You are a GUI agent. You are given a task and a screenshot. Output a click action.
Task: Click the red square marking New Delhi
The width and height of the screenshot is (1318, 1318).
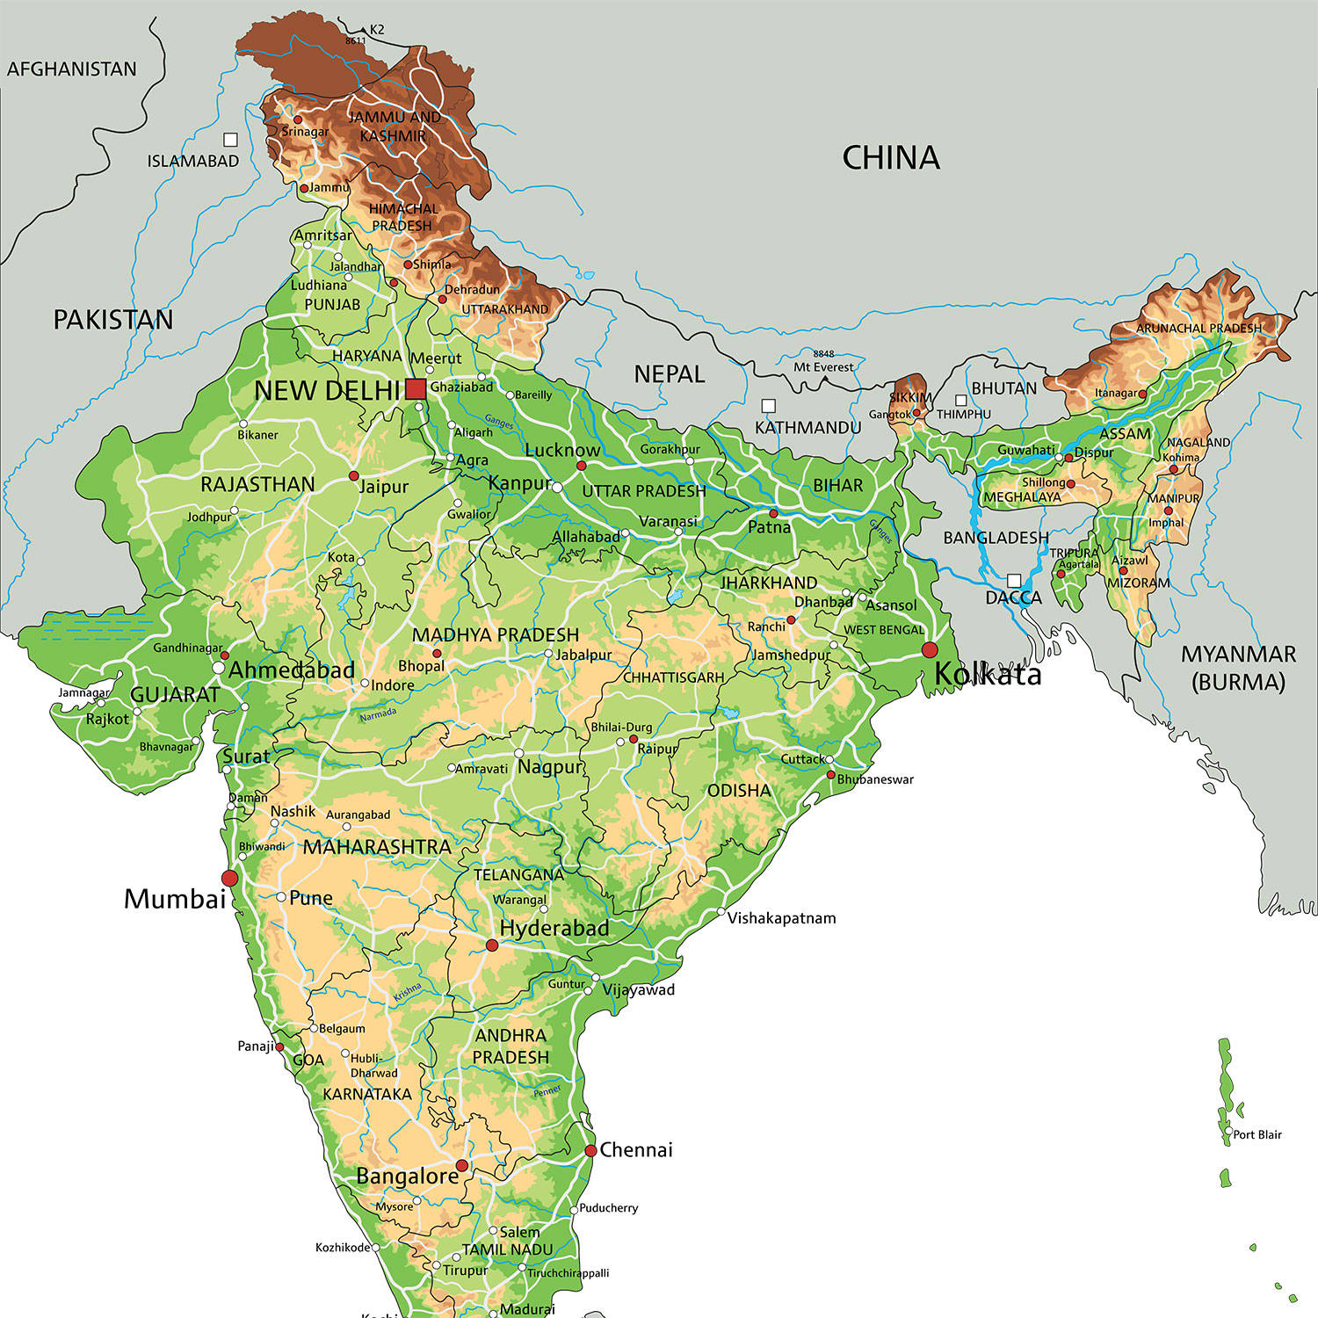416,388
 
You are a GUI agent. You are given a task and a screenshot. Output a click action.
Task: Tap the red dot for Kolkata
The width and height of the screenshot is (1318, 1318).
930,650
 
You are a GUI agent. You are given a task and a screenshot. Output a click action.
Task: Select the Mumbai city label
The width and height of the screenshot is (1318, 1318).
175,899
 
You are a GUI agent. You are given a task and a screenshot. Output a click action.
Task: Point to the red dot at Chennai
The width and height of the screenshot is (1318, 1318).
591,1150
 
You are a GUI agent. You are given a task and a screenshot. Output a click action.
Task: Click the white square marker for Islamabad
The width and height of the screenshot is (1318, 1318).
230,140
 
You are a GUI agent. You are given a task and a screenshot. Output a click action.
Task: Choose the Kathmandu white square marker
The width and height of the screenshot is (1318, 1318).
769,406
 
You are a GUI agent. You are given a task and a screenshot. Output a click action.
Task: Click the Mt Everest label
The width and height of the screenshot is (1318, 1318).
823,366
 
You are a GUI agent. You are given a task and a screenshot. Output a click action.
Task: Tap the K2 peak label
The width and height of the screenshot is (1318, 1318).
377,30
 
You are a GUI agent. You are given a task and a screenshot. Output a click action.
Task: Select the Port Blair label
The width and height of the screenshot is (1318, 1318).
1256,1134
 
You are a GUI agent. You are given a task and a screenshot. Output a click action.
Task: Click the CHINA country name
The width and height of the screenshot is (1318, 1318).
890,158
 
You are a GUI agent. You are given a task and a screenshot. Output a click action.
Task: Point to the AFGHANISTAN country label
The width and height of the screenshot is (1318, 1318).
72,69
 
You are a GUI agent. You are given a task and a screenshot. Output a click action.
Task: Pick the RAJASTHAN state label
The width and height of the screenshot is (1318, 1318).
257,484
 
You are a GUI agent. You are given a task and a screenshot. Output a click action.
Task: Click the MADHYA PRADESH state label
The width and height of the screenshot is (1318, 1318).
495,634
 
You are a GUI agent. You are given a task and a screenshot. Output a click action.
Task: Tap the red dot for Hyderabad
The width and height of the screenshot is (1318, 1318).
492,945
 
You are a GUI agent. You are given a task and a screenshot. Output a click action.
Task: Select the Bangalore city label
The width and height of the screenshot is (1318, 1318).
407,1176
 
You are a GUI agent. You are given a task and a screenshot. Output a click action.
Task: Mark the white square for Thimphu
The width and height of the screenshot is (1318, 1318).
961,401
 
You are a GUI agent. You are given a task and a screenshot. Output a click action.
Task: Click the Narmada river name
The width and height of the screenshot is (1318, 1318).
379,714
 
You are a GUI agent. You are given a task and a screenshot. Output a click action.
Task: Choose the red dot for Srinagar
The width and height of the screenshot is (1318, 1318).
298,119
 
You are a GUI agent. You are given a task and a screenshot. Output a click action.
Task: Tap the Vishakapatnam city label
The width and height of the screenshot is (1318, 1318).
781,918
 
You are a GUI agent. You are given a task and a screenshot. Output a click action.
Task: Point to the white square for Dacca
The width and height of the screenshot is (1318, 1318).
1014,581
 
